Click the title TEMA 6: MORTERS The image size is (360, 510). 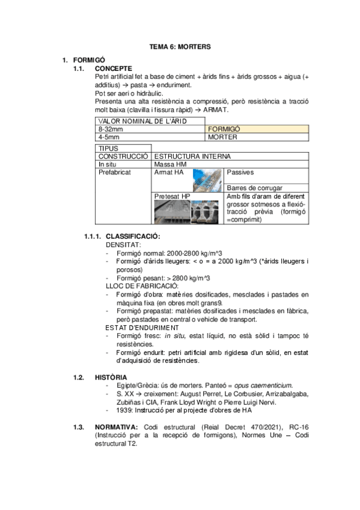[180, 46]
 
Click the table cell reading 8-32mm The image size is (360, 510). [111, 129]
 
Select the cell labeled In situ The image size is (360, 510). [108, 164]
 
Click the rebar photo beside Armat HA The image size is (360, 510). [208, 179]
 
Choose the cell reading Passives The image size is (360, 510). [239, 172]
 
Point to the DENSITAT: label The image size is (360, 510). [124, 245]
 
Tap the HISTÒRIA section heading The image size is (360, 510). [110, 377]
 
